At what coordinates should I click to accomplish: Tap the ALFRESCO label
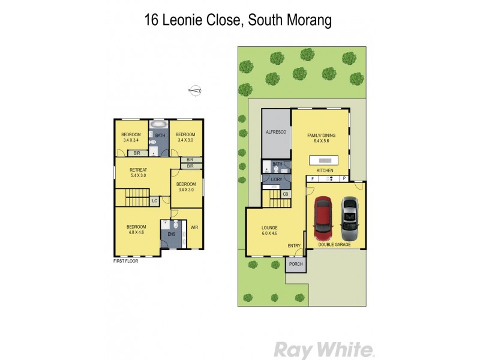(x=275, y=131)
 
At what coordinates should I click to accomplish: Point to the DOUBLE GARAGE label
(x=335, y=244)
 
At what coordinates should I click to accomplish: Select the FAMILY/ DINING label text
(x=321, y=136)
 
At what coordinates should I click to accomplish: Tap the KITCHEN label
(x=325, y=171)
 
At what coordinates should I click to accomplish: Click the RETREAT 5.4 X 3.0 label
(x=139, y=173)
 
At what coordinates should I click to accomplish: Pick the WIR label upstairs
(x=194, y=227)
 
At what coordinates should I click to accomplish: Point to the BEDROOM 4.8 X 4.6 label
(x=136, y=229)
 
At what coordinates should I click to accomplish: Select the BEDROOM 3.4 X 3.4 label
(x=131, y=137)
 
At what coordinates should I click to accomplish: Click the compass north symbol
(x=195, y=91)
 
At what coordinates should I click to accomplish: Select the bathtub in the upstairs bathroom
(x=159, y=125)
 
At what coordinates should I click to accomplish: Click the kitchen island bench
(x=325, y=160)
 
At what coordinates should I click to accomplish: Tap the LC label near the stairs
(x=154, y=200)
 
